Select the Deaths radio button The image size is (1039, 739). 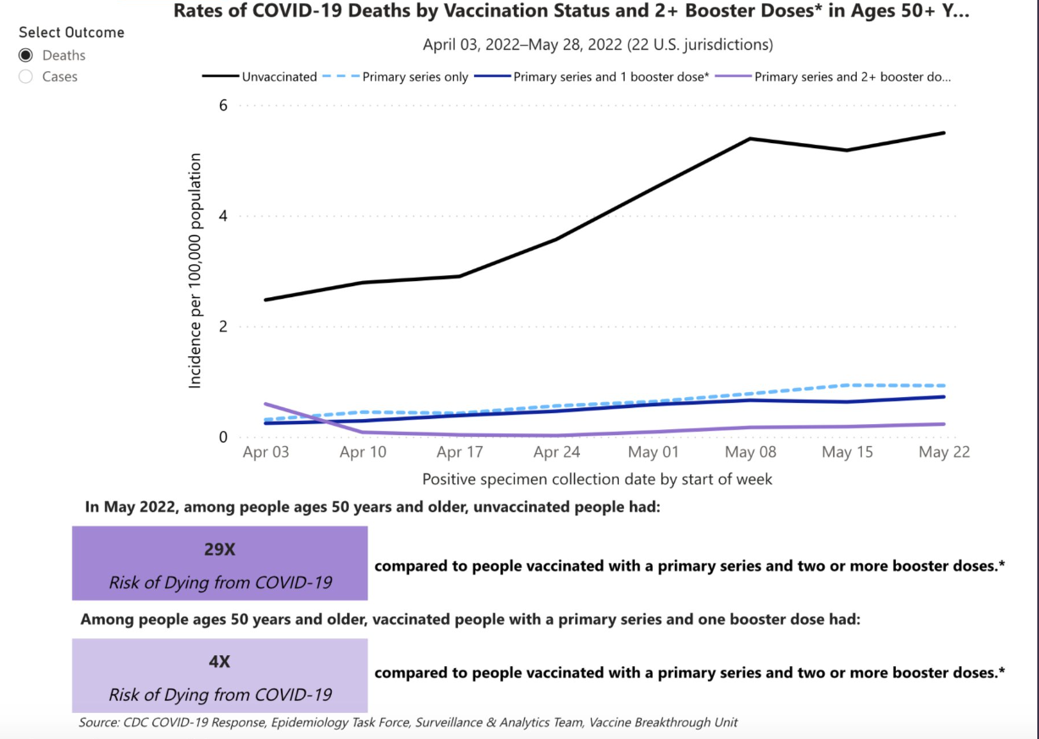pos(25,55)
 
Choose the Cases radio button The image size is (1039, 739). pos(25,77)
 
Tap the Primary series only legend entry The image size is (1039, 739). pos(415,77)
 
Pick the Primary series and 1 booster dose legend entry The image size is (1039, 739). pos(611,77)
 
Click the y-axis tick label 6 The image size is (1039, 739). pos(224,105)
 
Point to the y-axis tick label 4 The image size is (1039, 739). pos(224,216)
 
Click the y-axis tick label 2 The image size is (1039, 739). pos(224,327)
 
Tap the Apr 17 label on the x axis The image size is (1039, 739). pos(460,452)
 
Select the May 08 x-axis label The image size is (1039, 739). pos(751,452)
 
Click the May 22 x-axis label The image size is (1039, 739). pos(945,452)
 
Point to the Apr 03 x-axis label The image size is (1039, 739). pos(265,452)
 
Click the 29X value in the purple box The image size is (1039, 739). pos(219,549)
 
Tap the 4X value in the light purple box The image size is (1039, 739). pos(219,662)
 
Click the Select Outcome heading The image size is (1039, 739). pos(71,32)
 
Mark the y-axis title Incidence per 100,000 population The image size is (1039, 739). pos(196,271)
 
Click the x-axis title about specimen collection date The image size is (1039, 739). pos(598,479)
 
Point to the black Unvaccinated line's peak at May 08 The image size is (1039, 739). pos(751,138)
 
